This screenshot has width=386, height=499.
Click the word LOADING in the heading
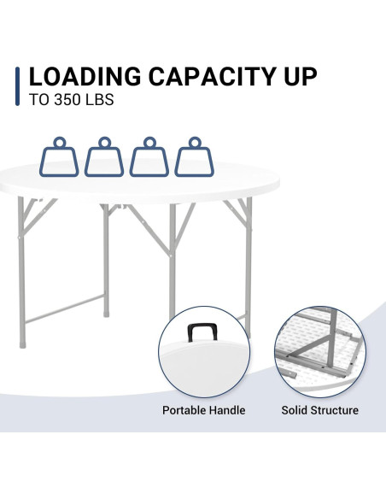tap(85, 77)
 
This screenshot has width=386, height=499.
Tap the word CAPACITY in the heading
tap(213, 77)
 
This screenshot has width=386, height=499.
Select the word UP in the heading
tap(301, 77)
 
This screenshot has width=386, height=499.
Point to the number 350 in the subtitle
tap(67, 100)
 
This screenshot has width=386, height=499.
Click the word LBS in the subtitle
tap(100, 100)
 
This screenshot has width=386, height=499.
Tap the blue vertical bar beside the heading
tap(17, 86)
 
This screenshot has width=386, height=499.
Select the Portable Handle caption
tap(204, 410)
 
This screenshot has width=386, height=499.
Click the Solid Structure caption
tap(320, 410)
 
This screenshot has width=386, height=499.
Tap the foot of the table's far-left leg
tap(22, 344)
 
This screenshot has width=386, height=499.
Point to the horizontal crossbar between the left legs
tap(65, 308)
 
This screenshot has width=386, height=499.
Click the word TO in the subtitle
tap(38, 100)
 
